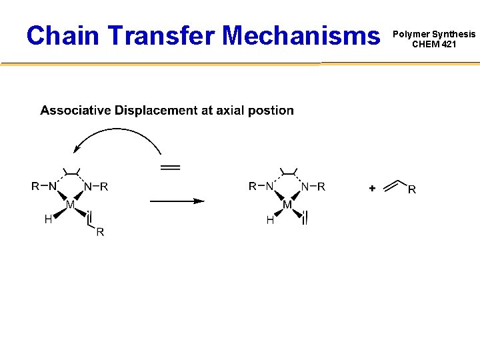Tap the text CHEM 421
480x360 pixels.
[x=434, y=45]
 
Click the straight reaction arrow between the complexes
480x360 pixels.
[x=176, y=200]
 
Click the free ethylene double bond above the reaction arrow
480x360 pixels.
[x=171, y=167]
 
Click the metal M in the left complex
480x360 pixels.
[x=69, y=204]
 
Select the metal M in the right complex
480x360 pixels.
[x=287, y=205]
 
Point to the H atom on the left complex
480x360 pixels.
[x=48, y=219]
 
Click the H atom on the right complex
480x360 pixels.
[x=270, y=220]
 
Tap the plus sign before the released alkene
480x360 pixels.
[x=371, y=189]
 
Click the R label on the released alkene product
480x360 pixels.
[x=411, y=189]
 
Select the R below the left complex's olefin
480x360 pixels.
[x=100, y=232]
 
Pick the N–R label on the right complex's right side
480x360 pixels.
[x=313, y=187]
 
